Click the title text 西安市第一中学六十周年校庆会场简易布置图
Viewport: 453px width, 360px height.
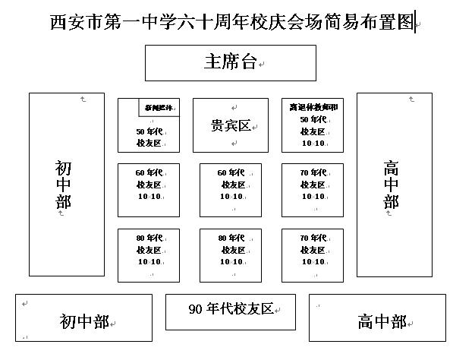[232, 23]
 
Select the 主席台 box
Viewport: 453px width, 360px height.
[230, 62]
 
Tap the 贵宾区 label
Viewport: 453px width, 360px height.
[230, 125]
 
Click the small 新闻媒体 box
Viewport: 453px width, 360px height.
[158, 109]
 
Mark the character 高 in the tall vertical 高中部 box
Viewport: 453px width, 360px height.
[391, 167]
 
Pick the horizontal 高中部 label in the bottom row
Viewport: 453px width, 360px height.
[381, 321]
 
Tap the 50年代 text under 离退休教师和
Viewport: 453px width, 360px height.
[313, 119]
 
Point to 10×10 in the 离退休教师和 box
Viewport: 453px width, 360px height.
[313, 143]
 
